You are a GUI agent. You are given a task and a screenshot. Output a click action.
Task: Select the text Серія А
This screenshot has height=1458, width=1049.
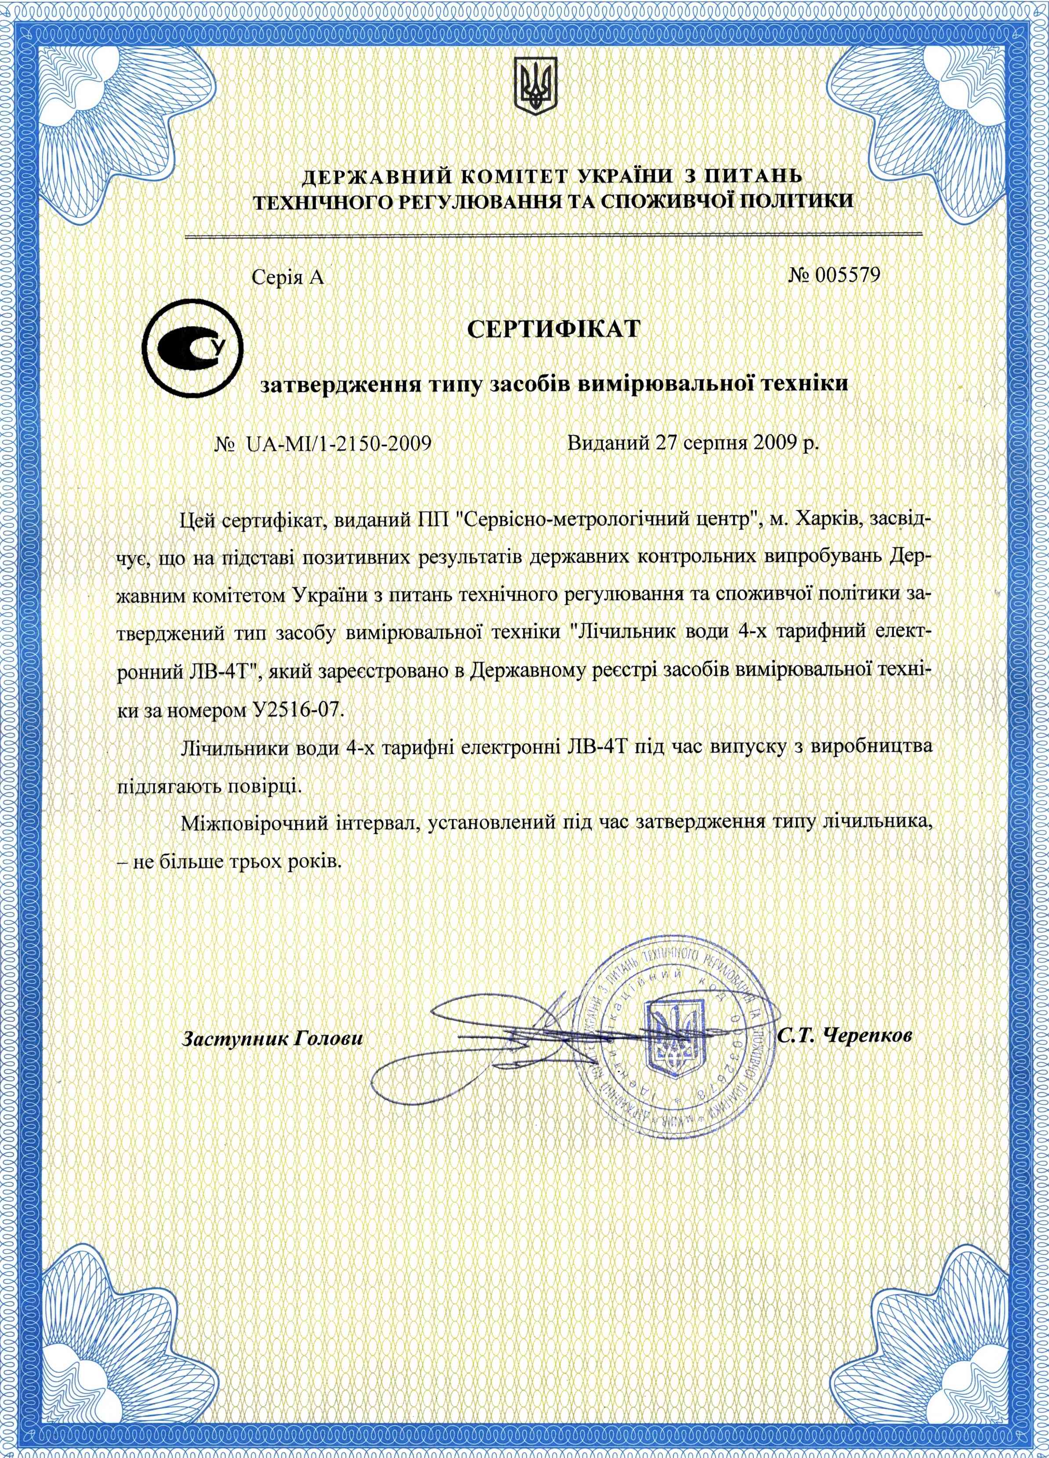[289, 278]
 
